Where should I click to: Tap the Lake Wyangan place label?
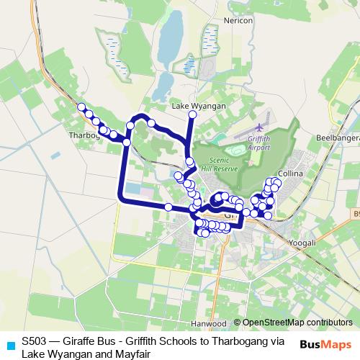199,105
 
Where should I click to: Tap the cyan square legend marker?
9,346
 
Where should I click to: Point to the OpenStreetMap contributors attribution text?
297,323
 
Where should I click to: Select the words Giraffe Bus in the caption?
89,341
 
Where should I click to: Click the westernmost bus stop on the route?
81,108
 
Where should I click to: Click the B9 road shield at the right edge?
356,214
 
